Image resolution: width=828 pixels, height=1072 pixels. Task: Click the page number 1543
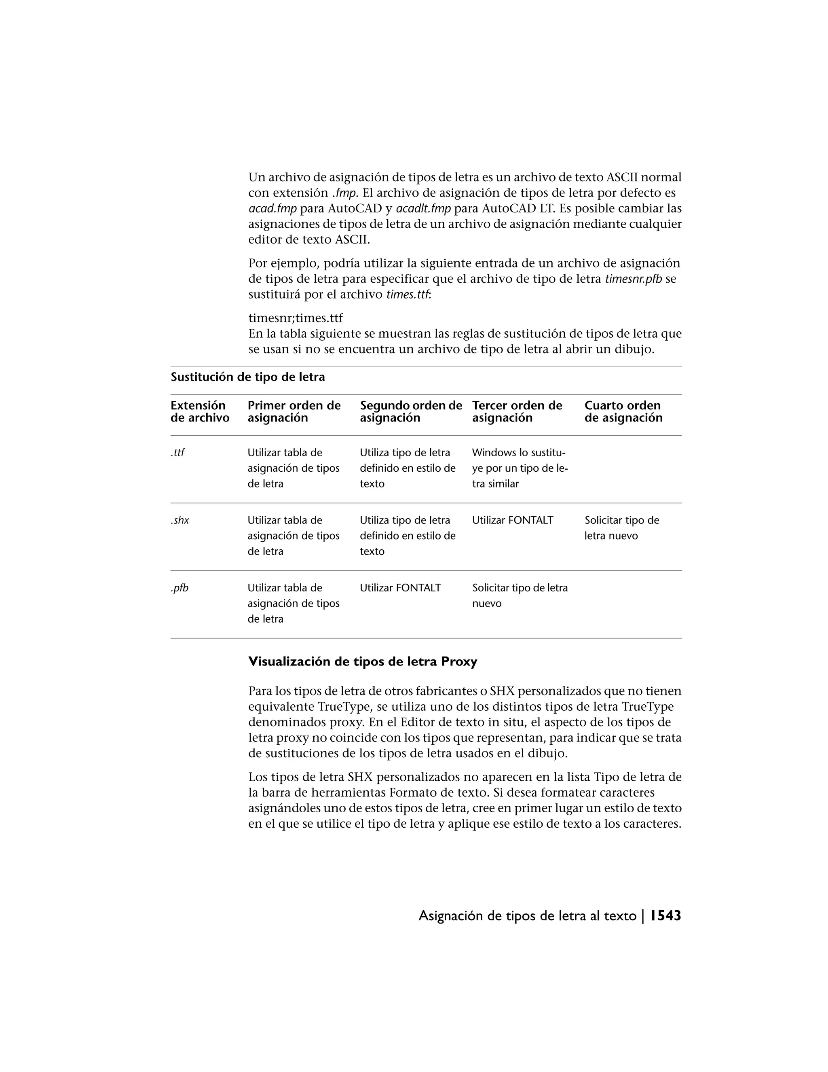665,916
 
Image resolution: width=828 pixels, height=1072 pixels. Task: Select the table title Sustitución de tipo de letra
248,377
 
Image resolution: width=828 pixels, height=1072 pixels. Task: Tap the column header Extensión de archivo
200,411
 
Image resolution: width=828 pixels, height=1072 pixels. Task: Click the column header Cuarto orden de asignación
623,411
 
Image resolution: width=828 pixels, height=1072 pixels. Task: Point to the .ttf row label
177,453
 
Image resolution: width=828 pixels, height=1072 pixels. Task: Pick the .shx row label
180,520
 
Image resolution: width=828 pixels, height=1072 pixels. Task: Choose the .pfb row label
180,587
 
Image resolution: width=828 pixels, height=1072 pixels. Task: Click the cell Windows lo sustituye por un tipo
520,468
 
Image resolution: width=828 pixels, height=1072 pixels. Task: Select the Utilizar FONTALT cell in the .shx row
513,520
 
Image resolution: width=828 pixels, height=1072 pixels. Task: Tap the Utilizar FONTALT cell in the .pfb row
400,587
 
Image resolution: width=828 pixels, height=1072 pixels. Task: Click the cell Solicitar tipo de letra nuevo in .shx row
621,528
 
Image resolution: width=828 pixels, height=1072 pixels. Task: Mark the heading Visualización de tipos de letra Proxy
363,662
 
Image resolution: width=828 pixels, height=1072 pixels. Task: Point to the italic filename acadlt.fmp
423,209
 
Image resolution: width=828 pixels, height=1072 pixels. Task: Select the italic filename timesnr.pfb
633,279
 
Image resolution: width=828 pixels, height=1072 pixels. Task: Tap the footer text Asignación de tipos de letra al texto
527,916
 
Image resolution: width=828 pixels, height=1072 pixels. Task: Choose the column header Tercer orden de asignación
517,411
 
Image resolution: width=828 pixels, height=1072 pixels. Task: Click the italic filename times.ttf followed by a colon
407,295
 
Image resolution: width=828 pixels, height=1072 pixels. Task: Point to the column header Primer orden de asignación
294,411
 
